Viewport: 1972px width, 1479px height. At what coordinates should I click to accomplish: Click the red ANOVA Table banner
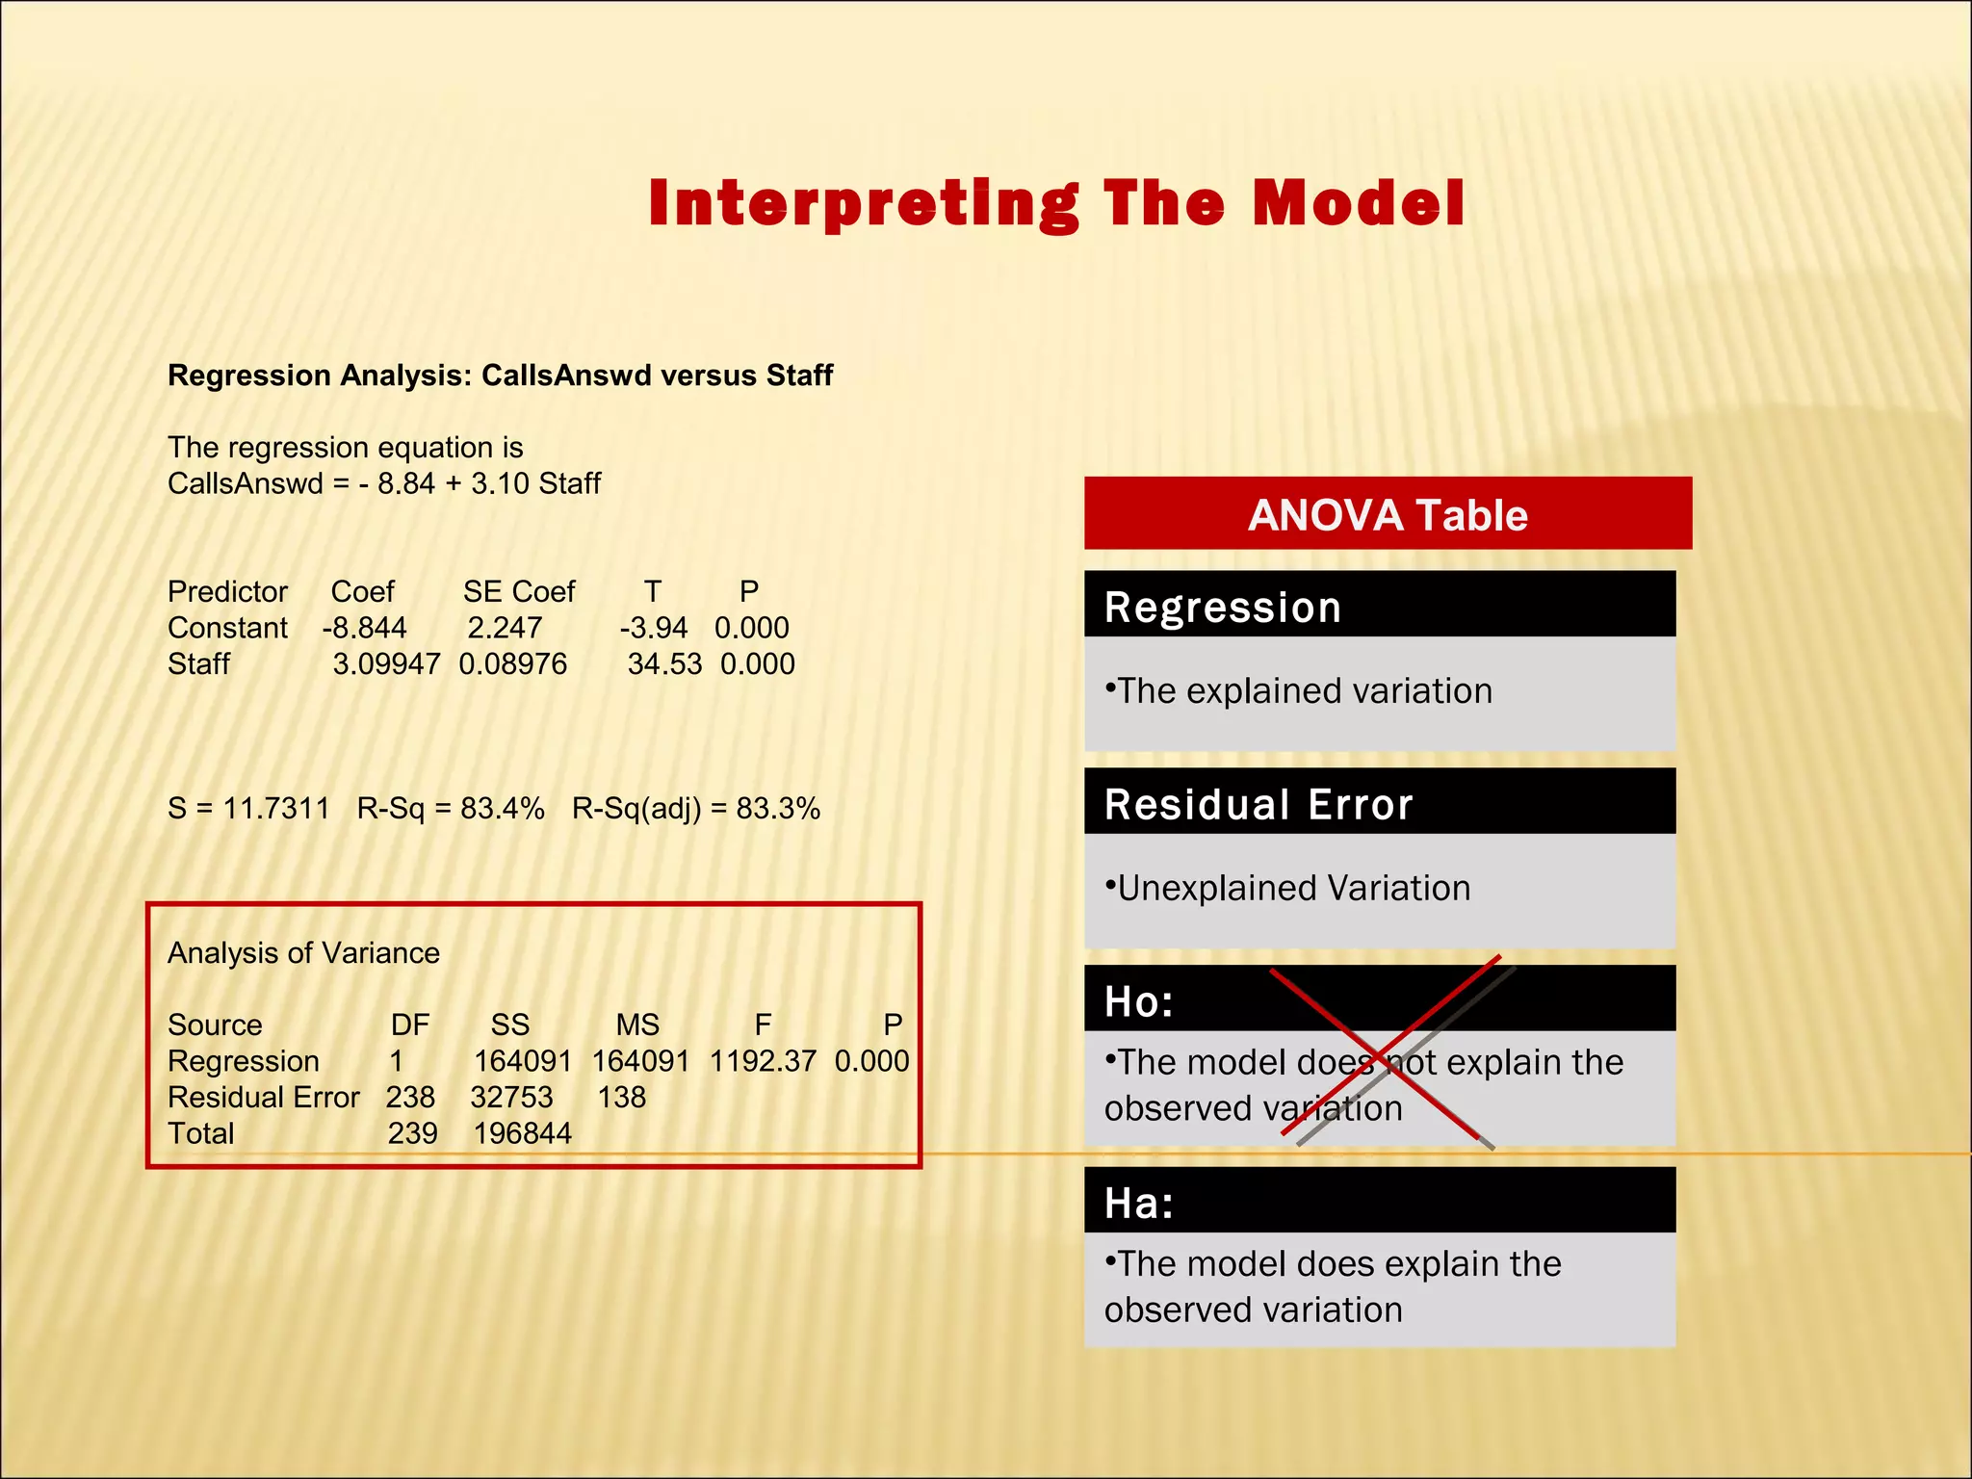coord(1388,514)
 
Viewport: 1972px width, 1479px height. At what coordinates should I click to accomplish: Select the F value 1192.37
coord(763,1061)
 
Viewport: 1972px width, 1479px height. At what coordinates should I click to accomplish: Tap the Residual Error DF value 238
coord(410,1098)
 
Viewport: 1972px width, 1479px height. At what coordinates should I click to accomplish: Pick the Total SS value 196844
coord(522,1133)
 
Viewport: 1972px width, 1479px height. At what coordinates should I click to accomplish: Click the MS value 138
coord(621,1098)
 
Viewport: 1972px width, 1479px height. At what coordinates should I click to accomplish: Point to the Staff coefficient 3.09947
coord(386,664)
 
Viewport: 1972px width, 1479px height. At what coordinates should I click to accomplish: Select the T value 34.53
coord(664,664)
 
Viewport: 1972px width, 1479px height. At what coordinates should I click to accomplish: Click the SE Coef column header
coord(518,591)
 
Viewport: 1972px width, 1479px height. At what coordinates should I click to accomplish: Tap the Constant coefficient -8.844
coord(364,628)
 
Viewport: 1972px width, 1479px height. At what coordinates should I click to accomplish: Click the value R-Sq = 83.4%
coord(451,808)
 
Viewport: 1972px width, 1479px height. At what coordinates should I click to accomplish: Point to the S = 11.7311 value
coord(248,808)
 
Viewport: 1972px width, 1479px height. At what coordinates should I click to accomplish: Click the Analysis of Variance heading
coord(303,953)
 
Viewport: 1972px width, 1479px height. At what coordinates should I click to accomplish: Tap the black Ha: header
coord(1379,1202)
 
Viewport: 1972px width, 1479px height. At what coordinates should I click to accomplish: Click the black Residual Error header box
coord(1379,803)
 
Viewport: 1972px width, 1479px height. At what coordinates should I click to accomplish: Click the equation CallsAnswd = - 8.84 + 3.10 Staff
coord(383,483)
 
